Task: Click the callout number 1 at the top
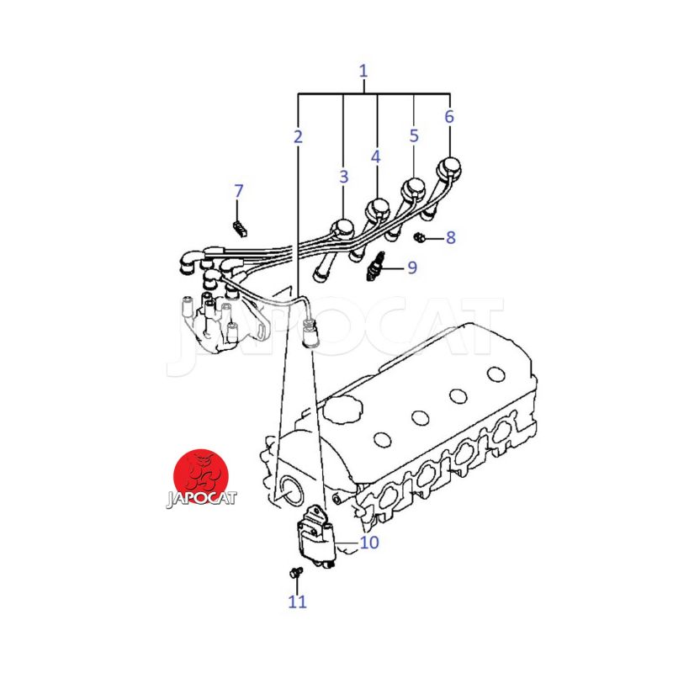click(363, 72)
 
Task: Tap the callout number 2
click(298, 137)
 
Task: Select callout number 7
click(239, 191)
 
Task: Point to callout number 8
click(450, 237)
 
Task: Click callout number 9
click(412, 268)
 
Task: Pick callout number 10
click(369, 543)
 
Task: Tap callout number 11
click(297, 601)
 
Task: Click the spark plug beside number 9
click(374, 267)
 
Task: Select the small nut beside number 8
click(419, 236)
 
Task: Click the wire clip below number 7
click(240, 229)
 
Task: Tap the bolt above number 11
click(296, 572)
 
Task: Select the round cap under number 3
click(343, 228)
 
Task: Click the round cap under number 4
click(377, 209)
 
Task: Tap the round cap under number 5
click(413, 188)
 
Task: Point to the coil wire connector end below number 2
click(309, 331)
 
